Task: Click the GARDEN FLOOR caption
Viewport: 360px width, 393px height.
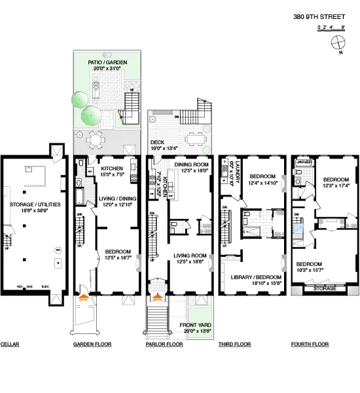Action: point(92,344)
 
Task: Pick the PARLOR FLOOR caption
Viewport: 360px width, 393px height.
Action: point(164,344)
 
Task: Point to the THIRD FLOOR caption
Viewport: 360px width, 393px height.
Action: point(234,344)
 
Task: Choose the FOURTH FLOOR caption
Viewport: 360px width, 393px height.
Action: point(309,344)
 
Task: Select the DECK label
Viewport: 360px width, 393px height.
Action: point(157,141)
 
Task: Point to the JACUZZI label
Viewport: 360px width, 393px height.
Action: point(302,160)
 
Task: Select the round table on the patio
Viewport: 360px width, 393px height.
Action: point(96,139)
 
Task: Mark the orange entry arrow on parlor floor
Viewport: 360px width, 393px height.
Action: point(156,298)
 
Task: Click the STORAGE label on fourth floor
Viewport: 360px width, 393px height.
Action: point(325,287)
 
